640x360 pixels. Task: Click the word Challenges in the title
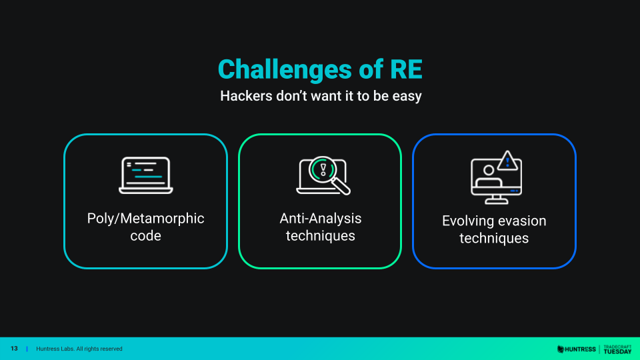[x=285, y=69]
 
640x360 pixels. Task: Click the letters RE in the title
[x=406, y=69]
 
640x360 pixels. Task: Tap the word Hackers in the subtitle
[x=246, y=96]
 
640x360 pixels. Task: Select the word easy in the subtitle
[x=407, y=97]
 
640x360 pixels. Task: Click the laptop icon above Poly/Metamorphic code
[x=146, y=175]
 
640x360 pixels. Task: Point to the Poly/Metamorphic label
[x=146, y=219]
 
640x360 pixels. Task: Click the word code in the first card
[x=146, y=235]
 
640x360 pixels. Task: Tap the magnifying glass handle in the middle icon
[x=341, y=186]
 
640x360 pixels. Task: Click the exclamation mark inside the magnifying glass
[x=323, y=169]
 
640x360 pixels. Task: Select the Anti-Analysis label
[x=321, y=219]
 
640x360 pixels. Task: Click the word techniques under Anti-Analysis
[x=321, y=235]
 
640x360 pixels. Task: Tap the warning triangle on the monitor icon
[x=507, y=161]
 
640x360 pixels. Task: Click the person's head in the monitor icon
[x=489, y=170]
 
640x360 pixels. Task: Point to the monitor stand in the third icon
[x=496, y=199]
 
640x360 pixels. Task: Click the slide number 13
[x=14, y=349]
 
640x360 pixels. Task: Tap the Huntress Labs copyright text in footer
[x=79, y=349]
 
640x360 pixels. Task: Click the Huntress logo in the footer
[x=576, y=349]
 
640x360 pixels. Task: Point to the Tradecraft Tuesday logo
[x=617, y=349]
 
